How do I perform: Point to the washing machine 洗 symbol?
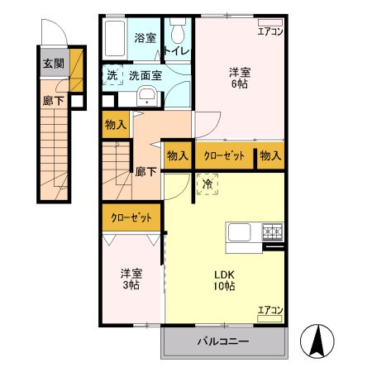click(112, 75)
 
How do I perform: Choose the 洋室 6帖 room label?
click(241, 78)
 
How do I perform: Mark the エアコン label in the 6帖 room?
click(270, 32)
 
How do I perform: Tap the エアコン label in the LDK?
click(270, 310)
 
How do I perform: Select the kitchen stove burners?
click(272, 232)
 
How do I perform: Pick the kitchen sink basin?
click(240, 232)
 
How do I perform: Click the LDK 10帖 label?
click(223, 280)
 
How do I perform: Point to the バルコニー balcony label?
click(224, 341)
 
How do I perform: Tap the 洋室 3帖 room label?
click(130, 279)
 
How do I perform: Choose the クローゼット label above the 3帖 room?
click(132, 218)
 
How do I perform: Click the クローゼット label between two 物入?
click(224, 155)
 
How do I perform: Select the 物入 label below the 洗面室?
click(115, 126)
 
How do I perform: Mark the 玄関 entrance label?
click(53, 62)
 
